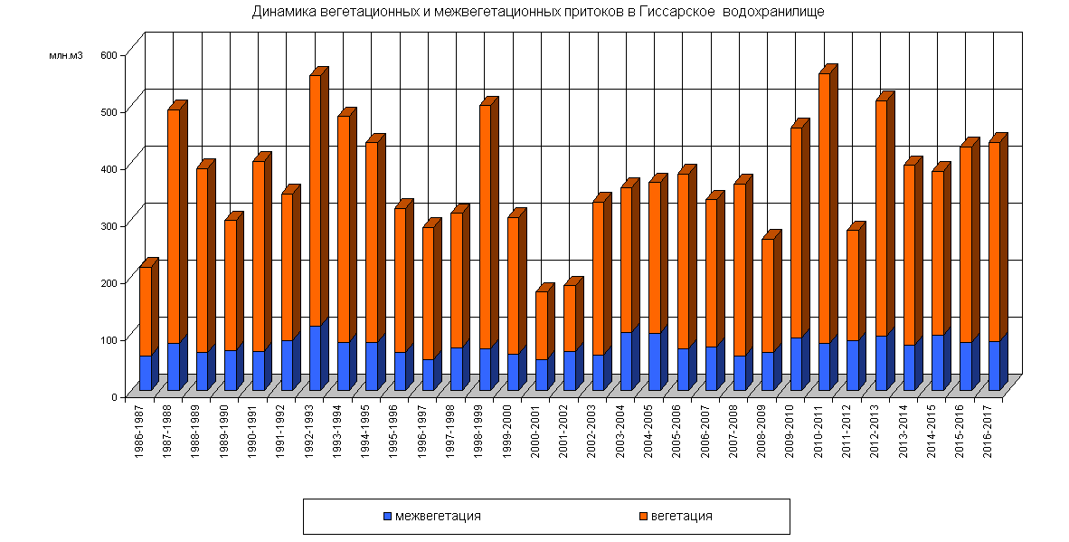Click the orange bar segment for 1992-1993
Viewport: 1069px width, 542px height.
(315, 199)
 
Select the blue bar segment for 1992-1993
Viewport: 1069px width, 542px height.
(315, 358)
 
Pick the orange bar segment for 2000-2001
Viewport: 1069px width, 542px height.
(541, 325)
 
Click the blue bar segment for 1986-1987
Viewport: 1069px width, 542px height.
(145, 373)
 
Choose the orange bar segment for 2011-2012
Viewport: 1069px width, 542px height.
(852, 285)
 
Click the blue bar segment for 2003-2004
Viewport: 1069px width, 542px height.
(626, 361)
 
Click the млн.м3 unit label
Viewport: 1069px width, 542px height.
(66, 56)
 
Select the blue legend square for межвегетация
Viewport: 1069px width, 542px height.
(387, 517)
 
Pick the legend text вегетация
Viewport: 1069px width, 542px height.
(681, 517)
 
